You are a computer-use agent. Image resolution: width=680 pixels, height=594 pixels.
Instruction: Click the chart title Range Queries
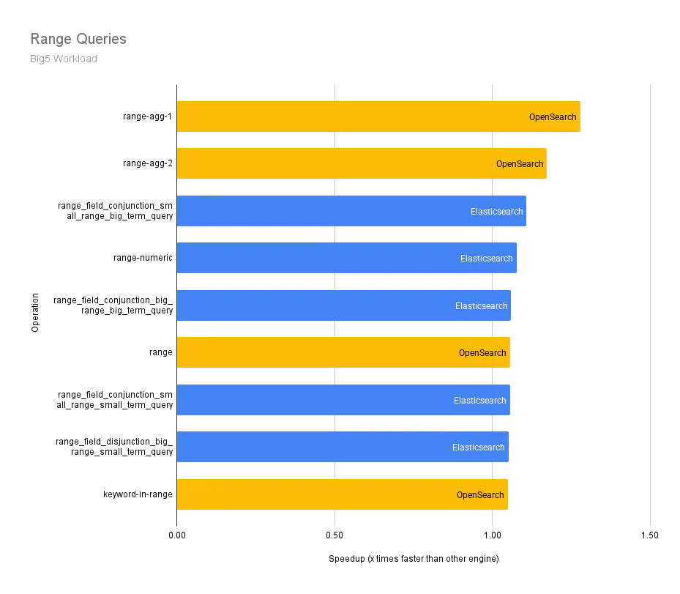78,39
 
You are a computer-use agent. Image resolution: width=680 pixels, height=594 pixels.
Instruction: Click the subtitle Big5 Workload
64,59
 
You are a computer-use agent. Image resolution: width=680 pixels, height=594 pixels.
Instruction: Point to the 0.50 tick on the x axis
335,535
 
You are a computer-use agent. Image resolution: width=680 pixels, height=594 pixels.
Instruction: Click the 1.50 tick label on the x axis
649,535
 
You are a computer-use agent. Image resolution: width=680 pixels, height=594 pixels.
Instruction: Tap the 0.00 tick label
176,535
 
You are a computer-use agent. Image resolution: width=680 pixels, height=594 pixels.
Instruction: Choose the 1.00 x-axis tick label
492,535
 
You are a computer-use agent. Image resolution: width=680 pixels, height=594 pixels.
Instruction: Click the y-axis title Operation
35,312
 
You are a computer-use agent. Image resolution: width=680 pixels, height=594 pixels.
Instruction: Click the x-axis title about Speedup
414,559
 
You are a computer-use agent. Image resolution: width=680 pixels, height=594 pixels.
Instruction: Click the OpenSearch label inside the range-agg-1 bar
553,117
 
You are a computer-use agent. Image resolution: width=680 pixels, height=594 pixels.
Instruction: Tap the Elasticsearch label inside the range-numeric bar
486,259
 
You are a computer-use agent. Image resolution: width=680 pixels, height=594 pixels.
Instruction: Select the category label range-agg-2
148,163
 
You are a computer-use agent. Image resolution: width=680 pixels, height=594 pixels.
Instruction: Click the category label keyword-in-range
138,494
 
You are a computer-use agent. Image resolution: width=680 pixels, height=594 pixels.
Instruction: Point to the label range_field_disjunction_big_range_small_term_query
114,447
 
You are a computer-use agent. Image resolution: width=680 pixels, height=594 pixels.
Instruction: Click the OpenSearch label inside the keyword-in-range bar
480,495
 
